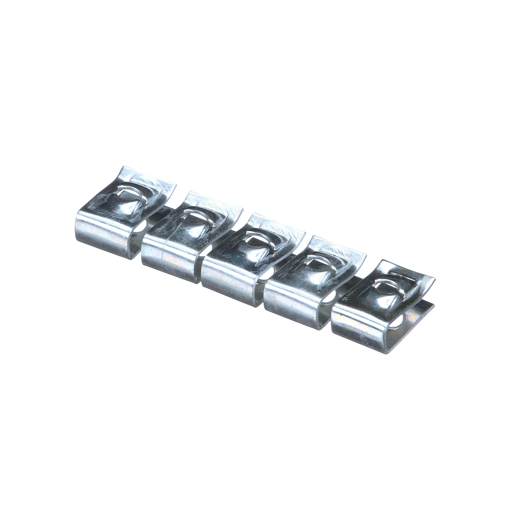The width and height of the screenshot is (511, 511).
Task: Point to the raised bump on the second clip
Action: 188,233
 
